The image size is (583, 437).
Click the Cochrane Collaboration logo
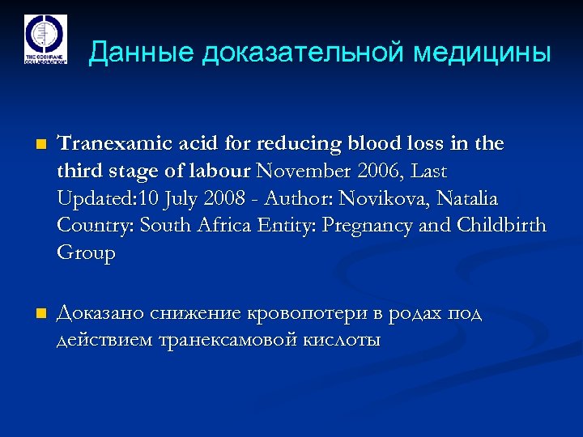point(45,38)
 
